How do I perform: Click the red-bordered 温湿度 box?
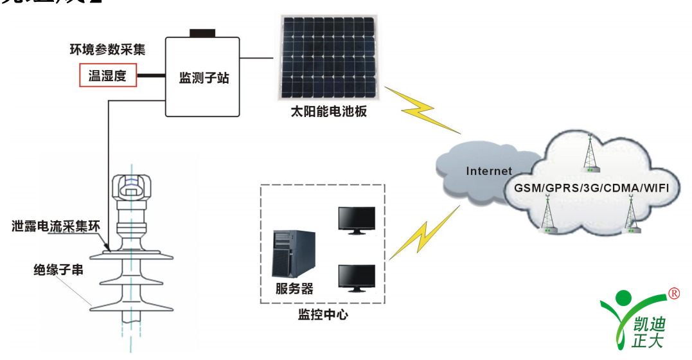[x=108, y=76]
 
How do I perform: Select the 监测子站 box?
[x=204, y=78]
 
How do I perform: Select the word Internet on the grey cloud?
[x=489, y=171]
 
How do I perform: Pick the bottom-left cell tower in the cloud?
[x=547, y=217]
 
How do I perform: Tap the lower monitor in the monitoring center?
[x=357, y=278]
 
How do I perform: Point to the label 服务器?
[x=294, y=287]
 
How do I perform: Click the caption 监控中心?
[x=323, y=315]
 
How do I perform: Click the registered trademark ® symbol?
[x=674, y=294]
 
